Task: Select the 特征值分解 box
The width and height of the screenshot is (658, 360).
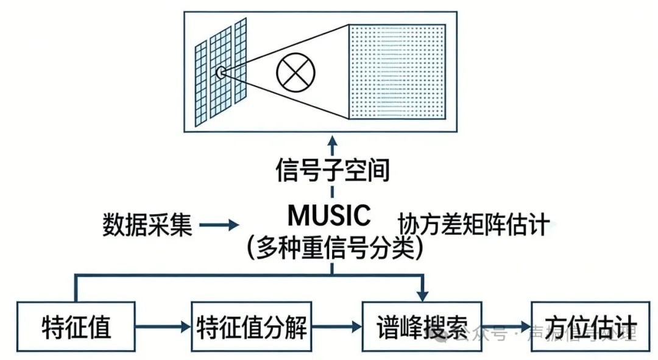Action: point(252,327)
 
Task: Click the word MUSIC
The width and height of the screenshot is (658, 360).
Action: point(330,215)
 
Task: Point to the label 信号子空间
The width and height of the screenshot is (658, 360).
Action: point(332,170)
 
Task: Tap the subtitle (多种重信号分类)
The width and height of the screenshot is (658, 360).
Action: point(334,247)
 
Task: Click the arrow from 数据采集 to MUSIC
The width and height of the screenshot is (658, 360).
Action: point(219,225)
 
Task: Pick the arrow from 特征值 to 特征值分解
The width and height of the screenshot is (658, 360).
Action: point(163,327)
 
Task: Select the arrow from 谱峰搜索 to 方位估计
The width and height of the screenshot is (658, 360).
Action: point(506,327)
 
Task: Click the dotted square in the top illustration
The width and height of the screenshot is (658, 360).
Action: point(397,72)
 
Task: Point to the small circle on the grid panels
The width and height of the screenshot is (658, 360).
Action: point(221,73)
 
